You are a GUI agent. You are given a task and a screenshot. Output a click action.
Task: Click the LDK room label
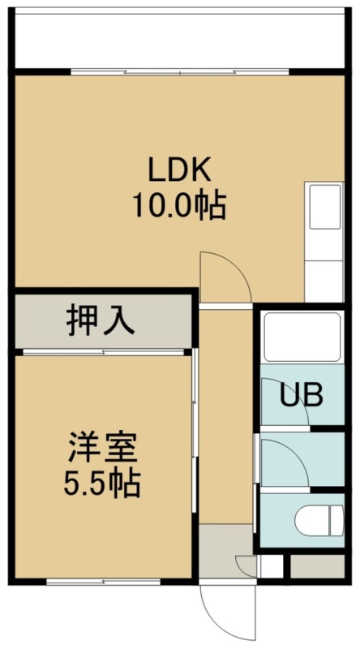click(x=179, y=170)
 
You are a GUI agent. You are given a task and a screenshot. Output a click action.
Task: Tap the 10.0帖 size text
click(x=179, y=205)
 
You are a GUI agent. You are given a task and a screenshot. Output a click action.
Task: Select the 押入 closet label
click(x=101, y=319)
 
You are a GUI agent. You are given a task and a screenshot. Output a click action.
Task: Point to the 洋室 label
click(x=103, y=448)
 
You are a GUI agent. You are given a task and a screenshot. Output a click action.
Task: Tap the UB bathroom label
click(x=302, y=396)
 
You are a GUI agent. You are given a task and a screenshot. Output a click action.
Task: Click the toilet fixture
click(x=319, y=520)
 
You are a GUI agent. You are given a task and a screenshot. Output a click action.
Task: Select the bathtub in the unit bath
click(x=302, y=337)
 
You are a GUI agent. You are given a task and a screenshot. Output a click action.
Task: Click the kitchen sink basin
click(x=325, y=206)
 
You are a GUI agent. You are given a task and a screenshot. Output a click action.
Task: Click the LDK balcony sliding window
click(x=179, y=72)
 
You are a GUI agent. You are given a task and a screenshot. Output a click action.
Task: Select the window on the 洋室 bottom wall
click(x=104, y=582)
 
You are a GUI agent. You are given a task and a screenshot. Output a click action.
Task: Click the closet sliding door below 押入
click(x=104, y=352)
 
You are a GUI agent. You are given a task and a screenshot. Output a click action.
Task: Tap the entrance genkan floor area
click(x=225, y=551)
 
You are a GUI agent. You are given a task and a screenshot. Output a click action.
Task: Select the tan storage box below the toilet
click(x=317, y=566)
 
